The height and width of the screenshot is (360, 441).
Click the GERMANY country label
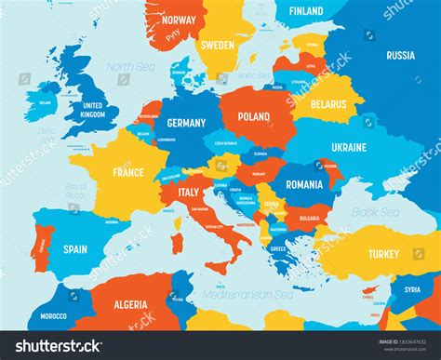tap(186, 123)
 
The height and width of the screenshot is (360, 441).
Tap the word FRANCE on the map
tap(128, 172)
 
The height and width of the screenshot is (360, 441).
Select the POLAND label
tap(254, 118)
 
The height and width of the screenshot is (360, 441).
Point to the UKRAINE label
tap(349, 147)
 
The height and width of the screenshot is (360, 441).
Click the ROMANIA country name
tap(303, 184)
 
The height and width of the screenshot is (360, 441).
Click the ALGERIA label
tap(136, 304)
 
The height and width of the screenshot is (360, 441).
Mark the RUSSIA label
tap(400, 55)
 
